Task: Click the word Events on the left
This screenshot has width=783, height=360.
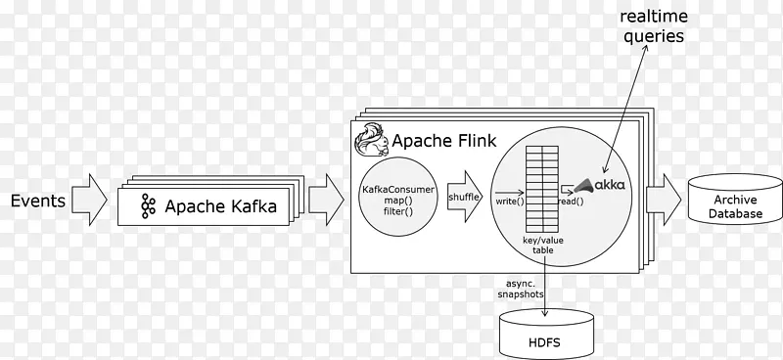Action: point(38,202)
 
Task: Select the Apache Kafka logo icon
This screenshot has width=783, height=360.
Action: point(149,206)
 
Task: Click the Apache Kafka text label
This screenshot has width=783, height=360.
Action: point(220,206)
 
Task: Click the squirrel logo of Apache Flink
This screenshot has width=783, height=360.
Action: point(370,139)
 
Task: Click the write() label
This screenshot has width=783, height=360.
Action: point(509,201)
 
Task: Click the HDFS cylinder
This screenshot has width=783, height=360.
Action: point(545,335)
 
